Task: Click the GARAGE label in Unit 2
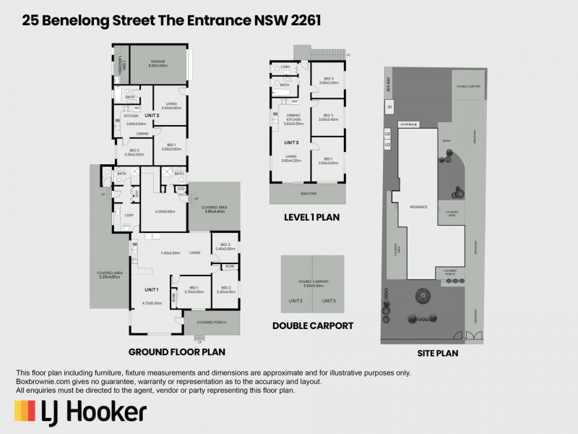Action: (x=158, y=62)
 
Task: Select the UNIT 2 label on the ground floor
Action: (x=152, y=116)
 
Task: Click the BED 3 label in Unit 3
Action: (x=329, y=79)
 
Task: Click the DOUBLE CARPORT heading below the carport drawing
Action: (x=313, y=325)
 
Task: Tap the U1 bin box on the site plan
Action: (x=389, y=107)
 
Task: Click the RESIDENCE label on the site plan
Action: (x=419, y=207)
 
